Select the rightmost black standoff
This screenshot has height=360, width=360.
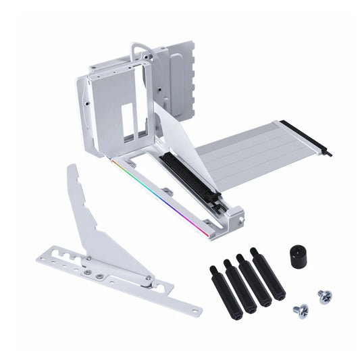(269, 276)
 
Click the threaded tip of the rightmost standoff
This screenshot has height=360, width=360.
(254, 251)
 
